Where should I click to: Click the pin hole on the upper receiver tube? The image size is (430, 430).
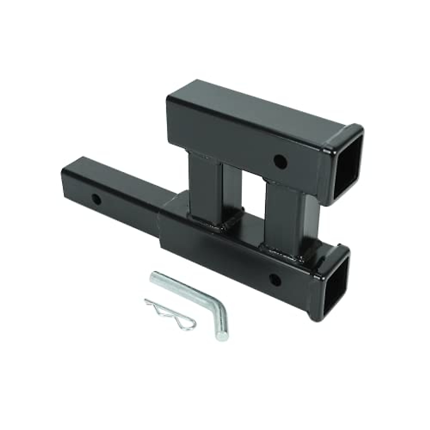point(278,160)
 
